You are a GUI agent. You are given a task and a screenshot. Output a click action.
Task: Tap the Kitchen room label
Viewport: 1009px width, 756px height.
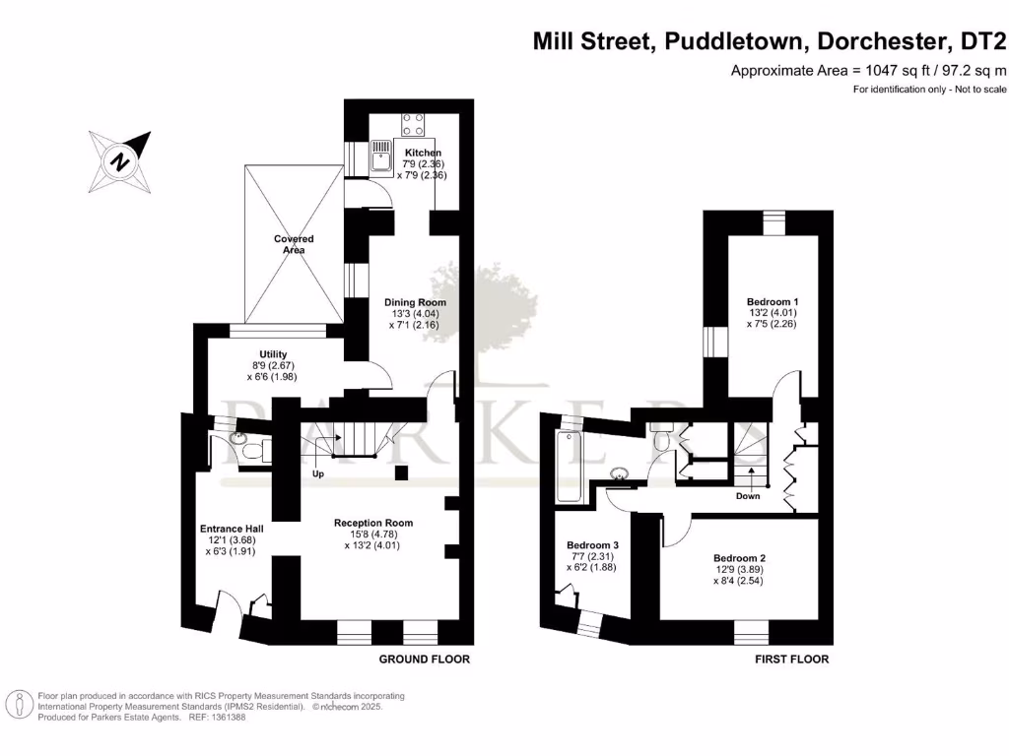click(x=423, y=153)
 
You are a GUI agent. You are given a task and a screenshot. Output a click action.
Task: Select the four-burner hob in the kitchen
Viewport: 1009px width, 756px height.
click(x=414, y=123)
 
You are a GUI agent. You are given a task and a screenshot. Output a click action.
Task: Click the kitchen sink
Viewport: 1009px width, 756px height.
click(x=382, y=155)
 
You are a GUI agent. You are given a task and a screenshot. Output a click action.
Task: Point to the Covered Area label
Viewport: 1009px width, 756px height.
click(x=294, y=244)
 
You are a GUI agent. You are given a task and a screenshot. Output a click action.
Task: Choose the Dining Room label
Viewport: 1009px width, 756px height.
click(x=415, y=302)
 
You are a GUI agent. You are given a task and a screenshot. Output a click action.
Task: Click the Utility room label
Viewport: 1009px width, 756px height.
click(x=273, y=354)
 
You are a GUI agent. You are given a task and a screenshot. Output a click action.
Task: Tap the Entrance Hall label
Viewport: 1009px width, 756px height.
click(x=232, y=529)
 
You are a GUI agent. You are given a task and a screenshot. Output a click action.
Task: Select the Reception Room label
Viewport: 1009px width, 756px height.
click(x=372, y=523)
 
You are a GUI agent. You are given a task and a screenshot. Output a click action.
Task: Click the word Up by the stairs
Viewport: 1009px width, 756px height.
click(x=318, y=473)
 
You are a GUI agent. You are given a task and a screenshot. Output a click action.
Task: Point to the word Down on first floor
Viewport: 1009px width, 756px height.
click(x=748, y=496)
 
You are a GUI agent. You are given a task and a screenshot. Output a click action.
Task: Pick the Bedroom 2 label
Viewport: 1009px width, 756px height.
click(x=740, y=558)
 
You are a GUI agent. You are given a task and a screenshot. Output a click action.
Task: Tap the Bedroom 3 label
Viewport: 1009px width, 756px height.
click(x=593, y=545)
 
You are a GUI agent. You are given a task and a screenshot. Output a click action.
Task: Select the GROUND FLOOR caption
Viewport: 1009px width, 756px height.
click(x=425, y=659)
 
